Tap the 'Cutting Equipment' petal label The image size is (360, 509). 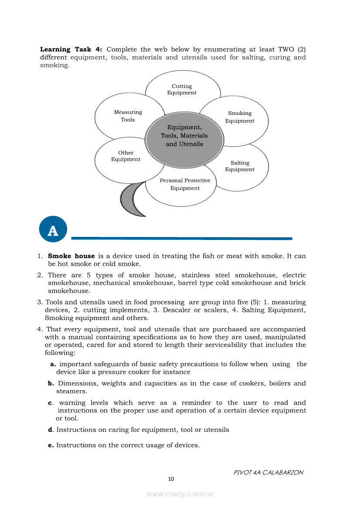click(x=182, y=89)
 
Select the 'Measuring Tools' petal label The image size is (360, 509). click(x=128, y=116)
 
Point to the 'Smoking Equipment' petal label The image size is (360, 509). click(x=240, y=117)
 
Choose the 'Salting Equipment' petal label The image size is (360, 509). click(x=240, y=166)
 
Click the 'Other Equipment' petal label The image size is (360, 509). click(x=126, y=156)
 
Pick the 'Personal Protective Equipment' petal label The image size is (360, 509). click(x=185, y=184)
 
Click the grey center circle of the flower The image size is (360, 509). click(x=184, y=135)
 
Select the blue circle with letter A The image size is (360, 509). click(x=53, y=229)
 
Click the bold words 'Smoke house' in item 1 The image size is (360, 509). click(x=71, y=256)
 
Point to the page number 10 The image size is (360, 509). click(x=171, y=479)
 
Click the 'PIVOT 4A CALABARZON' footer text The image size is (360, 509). click(x=268, y=472)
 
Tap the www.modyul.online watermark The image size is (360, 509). click(x=180, y=494)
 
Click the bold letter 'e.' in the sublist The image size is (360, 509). click(x=51, y=445)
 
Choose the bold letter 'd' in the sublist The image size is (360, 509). click(x=50, y=430)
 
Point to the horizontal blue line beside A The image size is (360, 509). click(x=181, y=238)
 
